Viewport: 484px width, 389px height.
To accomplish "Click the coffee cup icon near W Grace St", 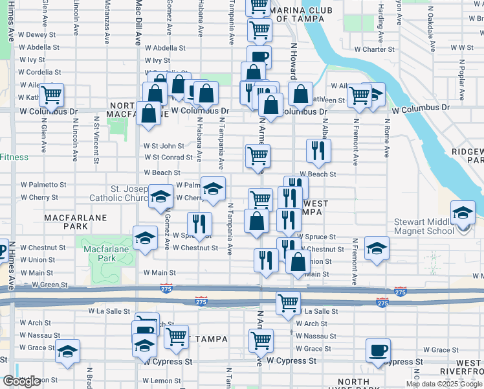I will [x=378, y=350].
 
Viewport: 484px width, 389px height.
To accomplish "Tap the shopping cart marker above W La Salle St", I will [x=288, y=303].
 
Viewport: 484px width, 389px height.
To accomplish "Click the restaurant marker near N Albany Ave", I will [x=318, y=152].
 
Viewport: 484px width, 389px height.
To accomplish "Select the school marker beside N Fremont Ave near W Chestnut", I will [x=377, y=249].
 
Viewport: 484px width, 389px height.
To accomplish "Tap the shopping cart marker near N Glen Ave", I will [x=51, y=95].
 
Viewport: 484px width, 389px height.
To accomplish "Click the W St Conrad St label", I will [x=168, y=157].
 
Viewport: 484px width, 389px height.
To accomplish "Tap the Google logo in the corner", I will [x=21, y=381].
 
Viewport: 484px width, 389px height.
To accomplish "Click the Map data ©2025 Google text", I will [x=443, y=384].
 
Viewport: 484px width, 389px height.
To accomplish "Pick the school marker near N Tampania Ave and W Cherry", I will [x=212, y=189].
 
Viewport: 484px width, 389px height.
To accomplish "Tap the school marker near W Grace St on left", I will [x=67, y=351].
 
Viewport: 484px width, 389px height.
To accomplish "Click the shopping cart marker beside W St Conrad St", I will [x=258, y=156].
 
